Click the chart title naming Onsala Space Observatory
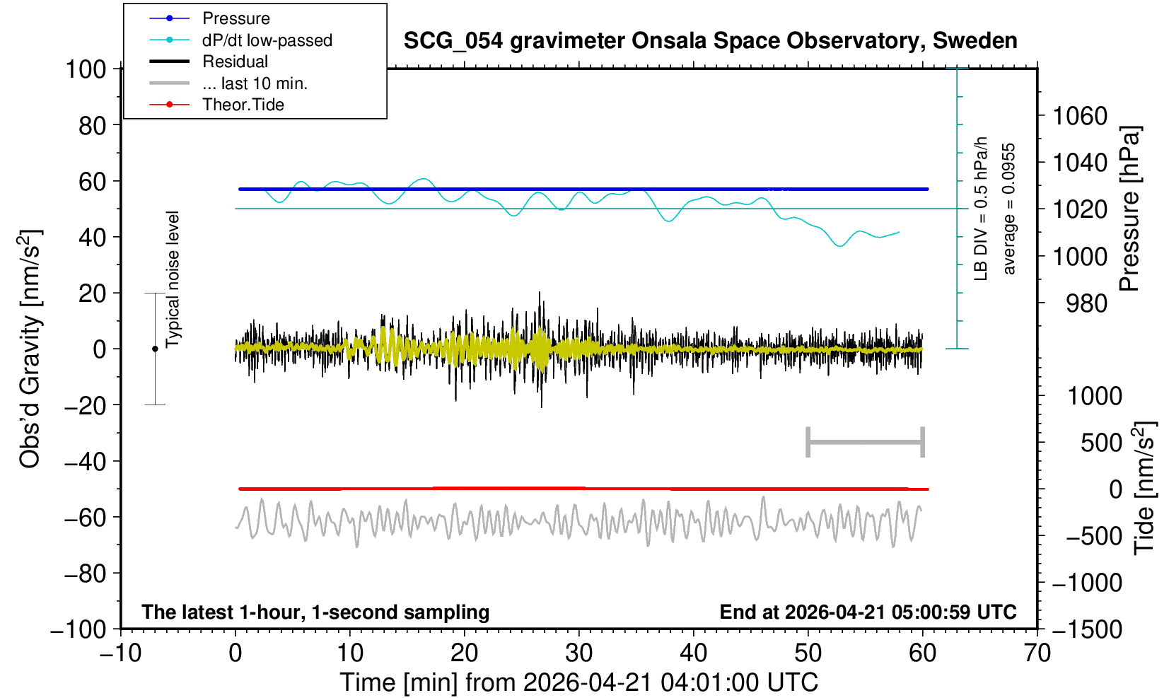(710, 41)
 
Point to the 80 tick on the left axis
(93, 125)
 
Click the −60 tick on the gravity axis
(85, 518)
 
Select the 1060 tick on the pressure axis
(1080, 115)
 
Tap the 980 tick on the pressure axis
(1086, 303)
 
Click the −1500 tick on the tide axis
(1086, 629)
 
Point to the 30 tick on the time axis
(578, 653)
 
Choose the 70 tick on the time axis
(1037, 653)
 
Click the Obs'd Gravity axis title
(30, 349)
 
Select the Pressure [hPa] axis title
(1130, 209)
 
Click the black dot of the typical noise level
(155, 349)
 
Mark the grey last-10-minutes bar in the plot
(866, 442)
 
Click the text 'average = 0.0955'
(1009, 209)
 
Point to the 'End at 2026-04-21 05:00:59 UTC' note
(868, 612)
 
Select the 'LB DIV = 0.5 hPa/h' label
(981, 209)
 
